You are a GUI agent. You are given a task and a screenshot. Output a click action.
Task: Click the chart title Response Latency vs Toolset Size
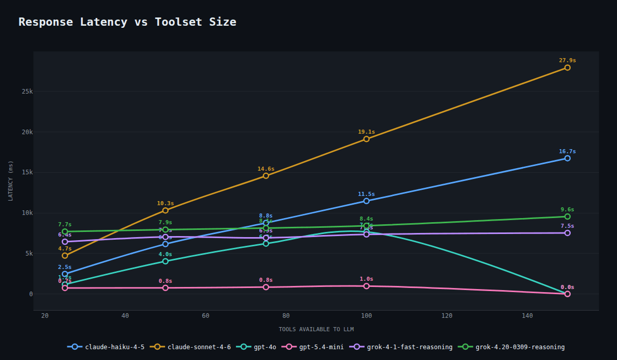pos(128,22)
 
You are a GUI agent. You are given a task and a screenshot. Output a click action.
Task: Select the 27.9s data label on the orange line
pos(567,60)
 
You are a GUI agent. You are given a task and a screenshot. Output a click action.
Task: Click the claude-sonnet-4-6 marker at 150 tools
pos(567,67)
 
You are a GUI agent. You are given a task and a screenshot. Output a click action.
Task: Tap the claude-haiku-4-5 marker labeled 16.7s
pos(567,158)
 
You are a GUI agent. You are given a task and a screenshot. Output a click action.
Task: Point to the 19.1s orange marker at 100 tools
pos(366,139)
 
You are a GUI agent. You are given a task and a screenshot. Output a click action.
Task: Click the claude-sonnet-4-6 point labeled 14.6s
pos(266,176)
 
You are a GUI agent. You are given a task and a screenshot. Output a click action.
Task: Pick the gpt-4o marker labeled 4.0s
pos(165,261)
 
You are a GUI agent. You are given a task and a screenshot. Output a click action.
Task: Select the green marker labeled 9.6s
pos(567,217)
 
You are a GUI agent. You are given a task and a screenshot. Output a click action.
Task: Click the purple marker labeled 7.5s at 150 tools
pos(567,233)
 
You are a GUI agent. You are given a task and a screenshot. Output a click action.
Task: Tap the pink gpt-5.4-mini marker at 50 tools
pos(165,288)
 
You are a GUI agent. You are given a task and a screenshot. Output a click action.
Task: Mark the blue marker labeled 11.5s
pos(366,201)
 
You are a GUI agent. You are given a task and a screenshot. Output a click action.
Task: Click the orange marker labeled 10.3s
pos(165,210)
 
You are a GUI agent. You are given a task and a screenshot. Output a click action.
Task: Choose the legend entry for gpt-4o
pos(258,347)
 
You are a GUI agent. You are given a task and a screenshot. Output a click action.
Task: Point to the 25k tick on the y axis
pos(27,92)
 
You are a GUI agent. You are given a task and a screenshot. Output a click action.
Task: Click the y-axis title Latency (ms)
pos(11,181)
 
